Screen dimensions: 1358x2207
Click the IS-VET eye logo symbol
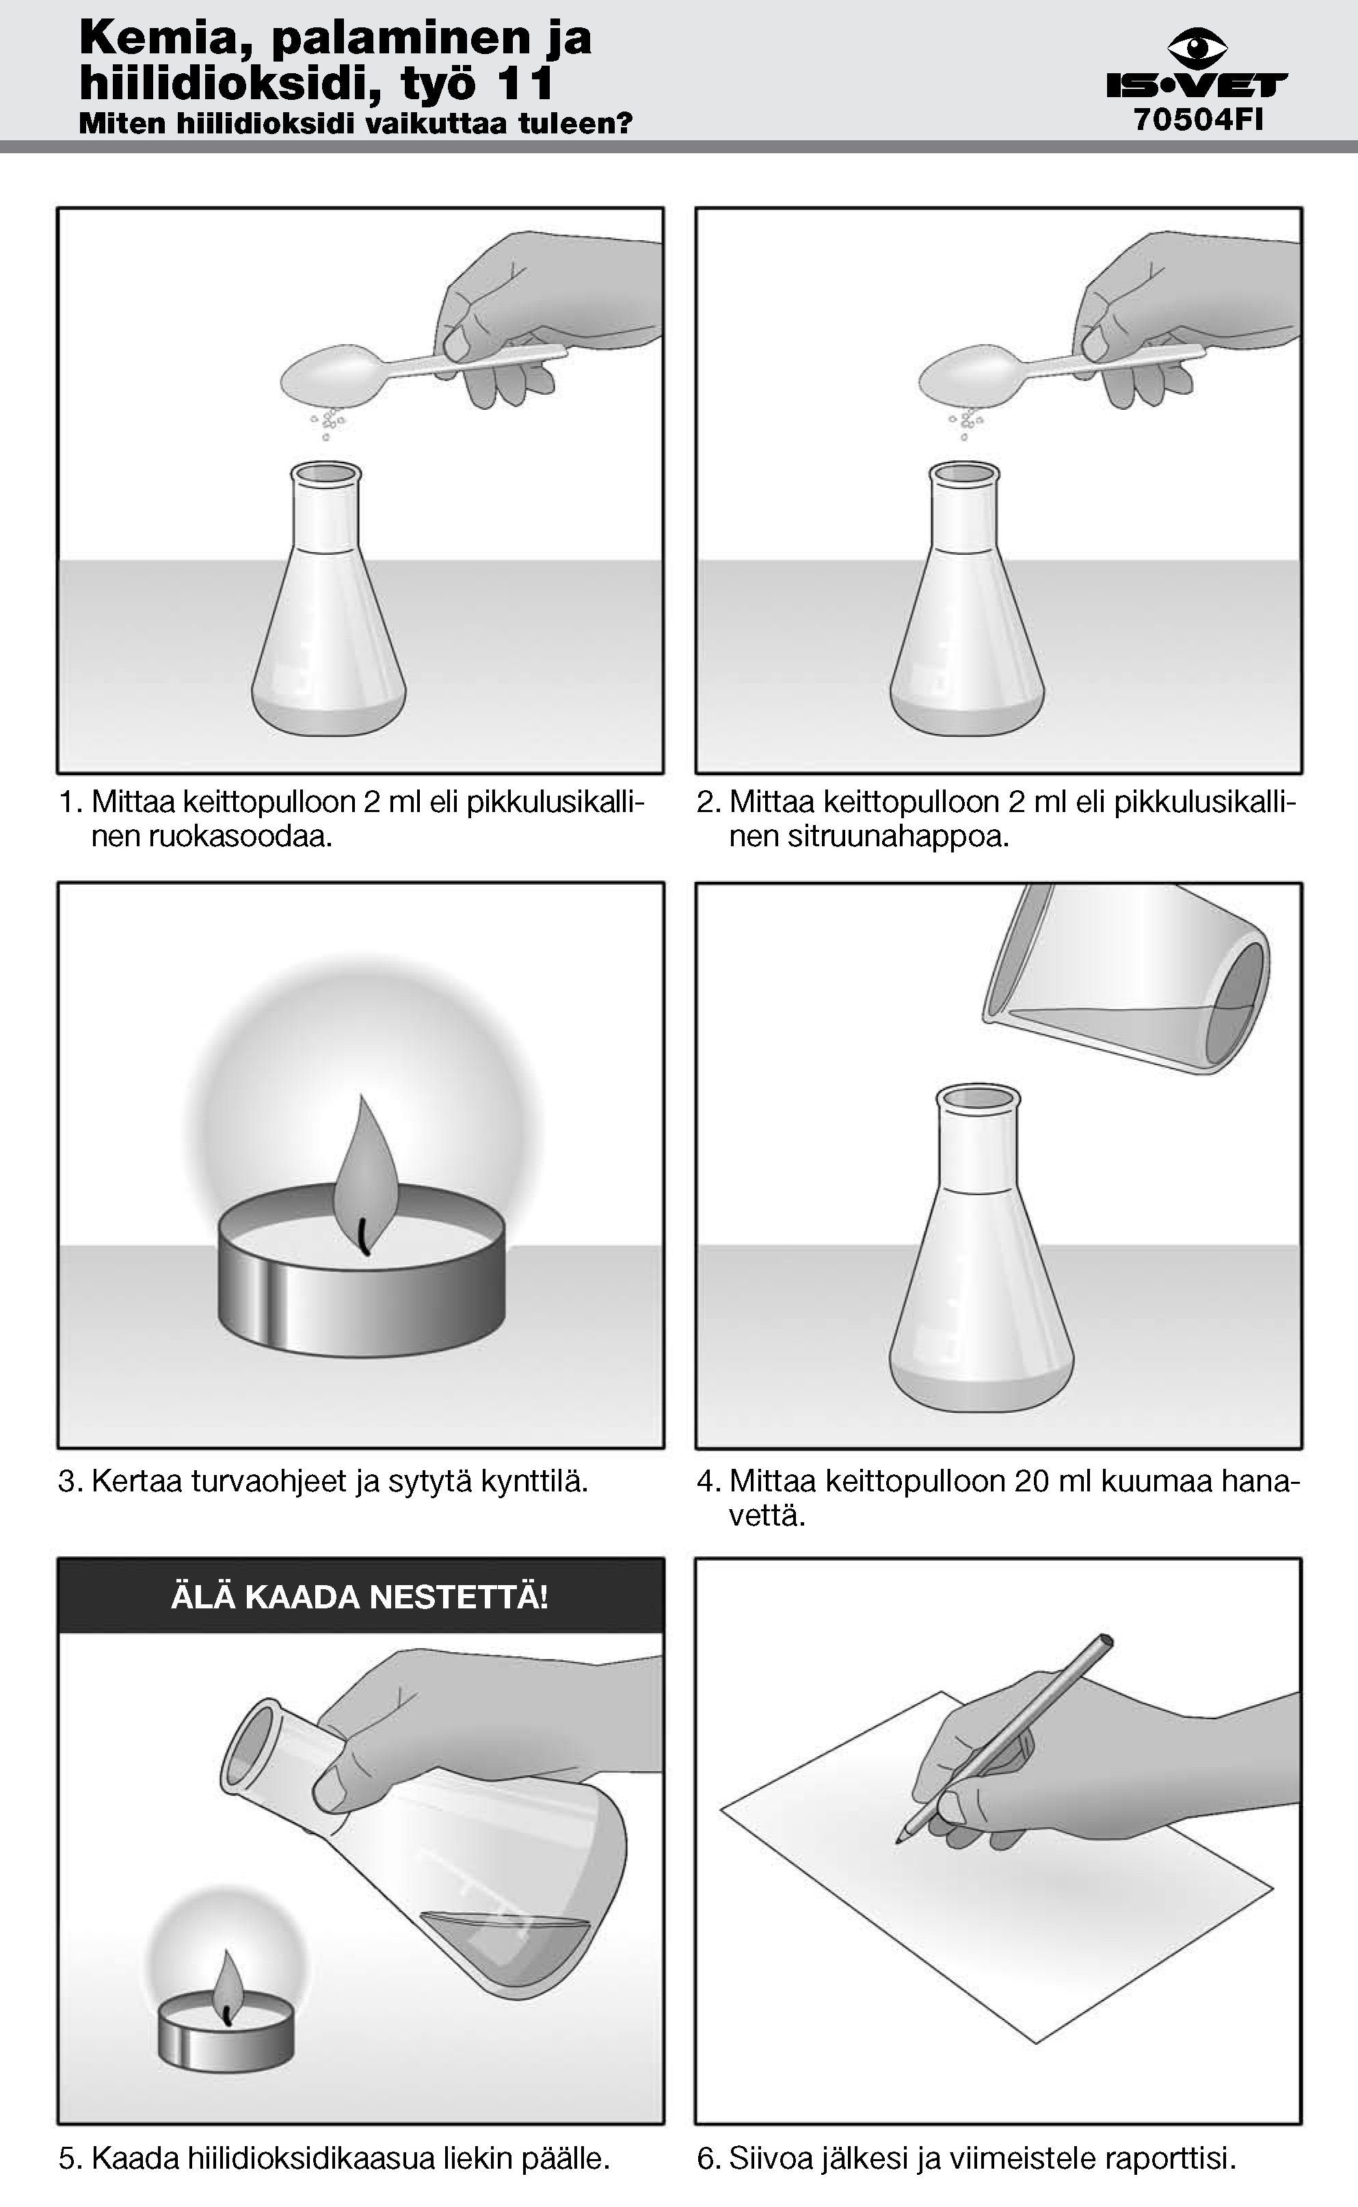(x=1197, y=48)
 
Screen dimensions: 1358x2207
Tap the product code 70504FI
(x=1198, y=120)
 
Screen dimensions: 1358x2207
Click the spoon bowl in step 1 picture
(x=332, y=376)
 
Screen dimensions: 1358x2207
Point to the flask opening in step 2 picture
(x=963, y=473)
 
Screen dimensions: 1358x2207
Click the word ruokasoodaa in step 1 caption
(x=212, y=837)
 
